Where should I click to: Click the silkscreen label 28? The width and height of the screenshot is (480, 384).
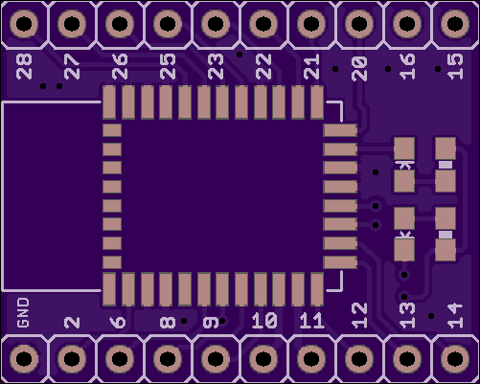(24, 66)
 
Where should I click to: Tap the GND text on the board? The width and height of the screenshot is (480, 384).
(23, 313)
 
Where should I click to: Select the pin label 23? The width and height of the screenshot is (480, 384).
(216, 66)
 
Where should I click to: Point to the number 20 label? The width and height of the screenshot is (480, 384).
(359, 69)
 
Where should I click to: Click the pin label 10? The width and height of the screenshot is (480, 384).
(264, 321)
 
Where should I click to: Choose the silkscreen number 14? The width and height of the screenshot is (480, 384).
(455, 316)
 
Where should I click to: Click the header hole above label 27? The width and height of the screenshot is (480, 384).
(72, 24)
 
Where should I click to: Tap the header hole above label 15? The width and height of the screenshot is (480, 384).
(455, 24)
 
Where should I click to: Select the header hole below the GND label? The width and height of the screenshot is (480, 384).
(24, 358)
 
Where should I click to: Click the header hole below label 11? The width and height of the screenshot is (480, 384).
(311, 358)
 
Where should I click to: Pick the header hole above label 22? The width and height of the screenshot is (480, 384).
(263, 24)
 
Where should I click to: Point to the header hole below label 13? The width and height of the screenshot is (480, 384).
(407, 358)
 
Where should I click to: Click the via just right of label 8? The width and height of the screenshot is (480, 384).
(184, 321)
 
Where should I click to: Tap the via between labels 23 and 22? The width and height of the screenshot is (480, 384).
(240, 55)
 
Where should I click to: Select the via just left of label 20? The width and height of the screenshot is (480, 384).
(335, 69)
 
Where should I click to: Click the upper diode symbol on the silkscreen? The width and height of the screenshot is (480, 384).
(404, 165)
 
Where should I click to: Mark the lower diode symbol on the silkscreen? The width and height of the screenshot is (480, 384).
(404, 235)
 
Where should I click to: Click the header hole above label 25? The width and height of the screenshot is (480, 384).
(168, 24)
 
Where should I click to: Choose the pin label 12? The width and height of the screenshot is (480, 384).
(359, 316)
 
